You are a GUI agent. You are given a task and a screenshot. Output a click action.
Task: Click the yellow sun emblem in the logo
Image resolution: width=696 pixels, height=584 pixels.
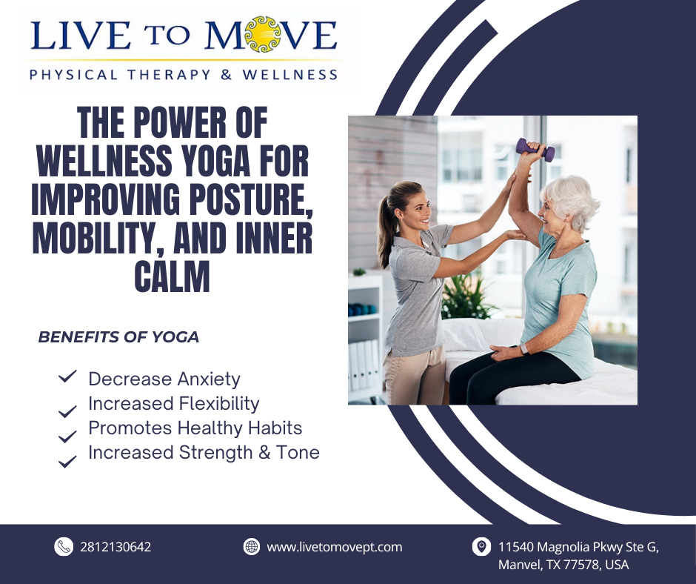pyautogui.click(x=263, y=34)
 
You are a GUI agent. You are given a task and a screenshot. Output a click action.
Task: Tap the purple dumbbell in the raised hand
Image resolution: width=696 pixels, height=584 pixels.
pyautogui.click(x=536, y=149)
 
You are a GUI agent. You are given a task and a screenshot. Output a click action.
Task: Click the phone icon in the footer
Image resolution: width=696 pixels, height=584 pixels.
pyautogui.click(x=64, y=547)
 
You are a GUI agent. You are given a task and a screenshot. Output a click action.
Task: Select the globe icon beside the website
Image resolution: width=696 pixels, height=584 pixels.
pyautogui.click(x=252, y=547)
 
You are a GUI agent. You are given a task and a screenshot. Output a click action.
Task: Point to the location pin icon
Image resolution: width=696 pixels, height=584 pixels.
pyautogui.click(x=481, y=547)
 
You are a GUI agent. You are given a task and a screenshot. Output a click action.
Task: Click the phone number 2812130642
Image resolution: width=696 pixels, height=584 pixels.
pyautogui.click(x=116, y=547)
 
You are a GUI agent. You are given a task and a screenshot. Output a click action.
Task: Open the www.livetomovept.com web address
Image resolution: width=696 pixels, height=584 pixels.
pyautogui.click(x=334, y=547)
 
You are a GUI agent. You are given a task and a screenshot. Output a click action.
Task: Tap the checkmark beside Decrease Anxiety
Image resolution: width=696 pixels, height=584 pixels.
pyautogui.click(x=67, y=376)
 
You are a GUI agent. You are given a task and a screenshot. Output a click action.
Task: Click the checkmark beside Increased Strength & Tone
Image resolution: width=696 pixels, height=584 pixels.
pyautogui.click(x=67, y=461)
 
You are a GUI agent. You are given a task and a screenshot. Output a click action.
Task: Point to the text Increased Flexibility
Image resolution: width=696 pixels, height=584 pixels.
pyautogui.click(x=173, y=404)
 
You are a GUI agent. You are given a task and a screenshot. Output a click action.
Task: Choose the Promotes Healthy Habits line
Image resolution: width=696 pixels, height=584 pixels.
pyautogui.click(x=195, y=428)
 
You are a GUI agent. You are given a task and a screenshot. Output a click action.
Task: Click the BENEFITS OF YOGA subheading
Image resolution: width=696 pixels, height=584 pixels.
pyautogui.click(x=118, y=337)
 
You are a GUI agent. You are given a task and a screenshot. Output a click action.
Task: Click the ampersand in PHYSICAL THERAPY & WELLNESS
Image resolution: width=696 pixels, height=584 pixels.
pyautogui.click(x=227, y=74)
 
